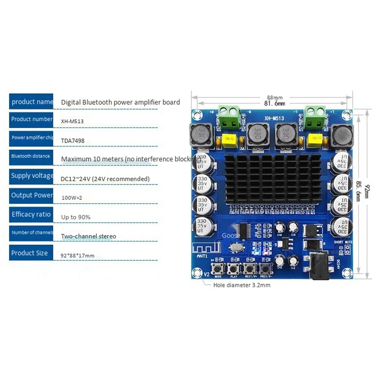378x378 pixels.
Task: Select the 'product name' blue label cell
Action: pos(32,102)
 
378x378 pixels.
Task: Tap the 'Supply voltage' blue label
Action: pos(32,176)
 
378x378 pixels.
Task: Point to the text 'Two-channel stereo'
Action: pos(88,236)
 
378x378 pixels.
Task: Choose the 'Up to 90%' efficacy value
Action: pos(76,216)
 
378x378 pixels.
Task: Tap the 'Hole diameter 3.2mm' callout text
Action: pos(242,285)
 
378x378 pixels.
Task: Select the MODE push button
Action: pos(218,268)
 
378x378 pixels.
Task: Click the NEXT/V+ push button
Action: pos(249,268)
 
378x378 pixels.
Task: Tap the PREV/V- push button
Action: pos(264,268)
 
